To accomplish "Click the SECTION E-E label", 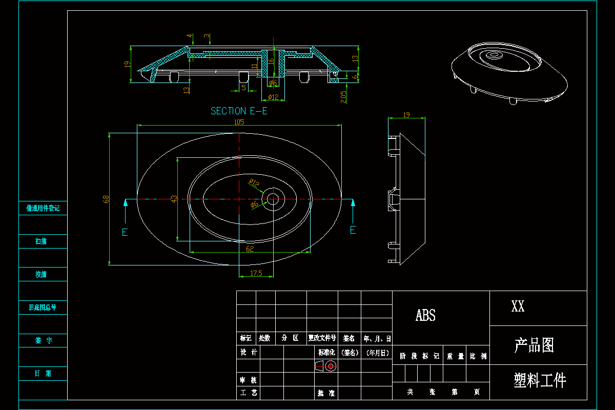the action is coord(239,111).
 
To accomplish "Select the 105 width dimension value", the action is coord(239,122).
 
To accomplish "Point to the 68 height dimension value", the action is coord(106,199).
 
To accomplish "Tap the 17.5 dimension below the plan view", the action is coord(256,273).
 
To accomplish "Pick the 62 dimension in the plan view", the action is coord(250,249).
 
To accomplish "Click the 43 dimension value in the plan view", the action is coord(173,199).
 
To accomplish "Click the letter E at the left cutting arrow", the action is coord(125,232).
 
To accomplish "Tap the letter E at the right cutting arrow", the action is coord(353,230).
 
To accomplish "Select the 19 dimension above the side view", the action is coord(406,115).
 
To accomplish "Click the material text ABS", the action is coord(425,315).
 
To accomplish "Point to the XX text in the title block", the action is coord(518,307).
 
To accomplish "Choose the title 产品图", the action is coord(534,345).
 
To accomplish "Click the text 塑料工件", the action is coord(540,381).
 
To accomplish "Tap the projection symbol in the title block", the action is coord(325,366).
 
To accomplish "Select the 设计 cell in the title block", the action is coord(248,353).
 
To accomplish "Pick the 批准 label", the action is coord(326,393).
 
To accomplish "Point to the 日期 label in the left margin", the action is coord(43,374).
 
